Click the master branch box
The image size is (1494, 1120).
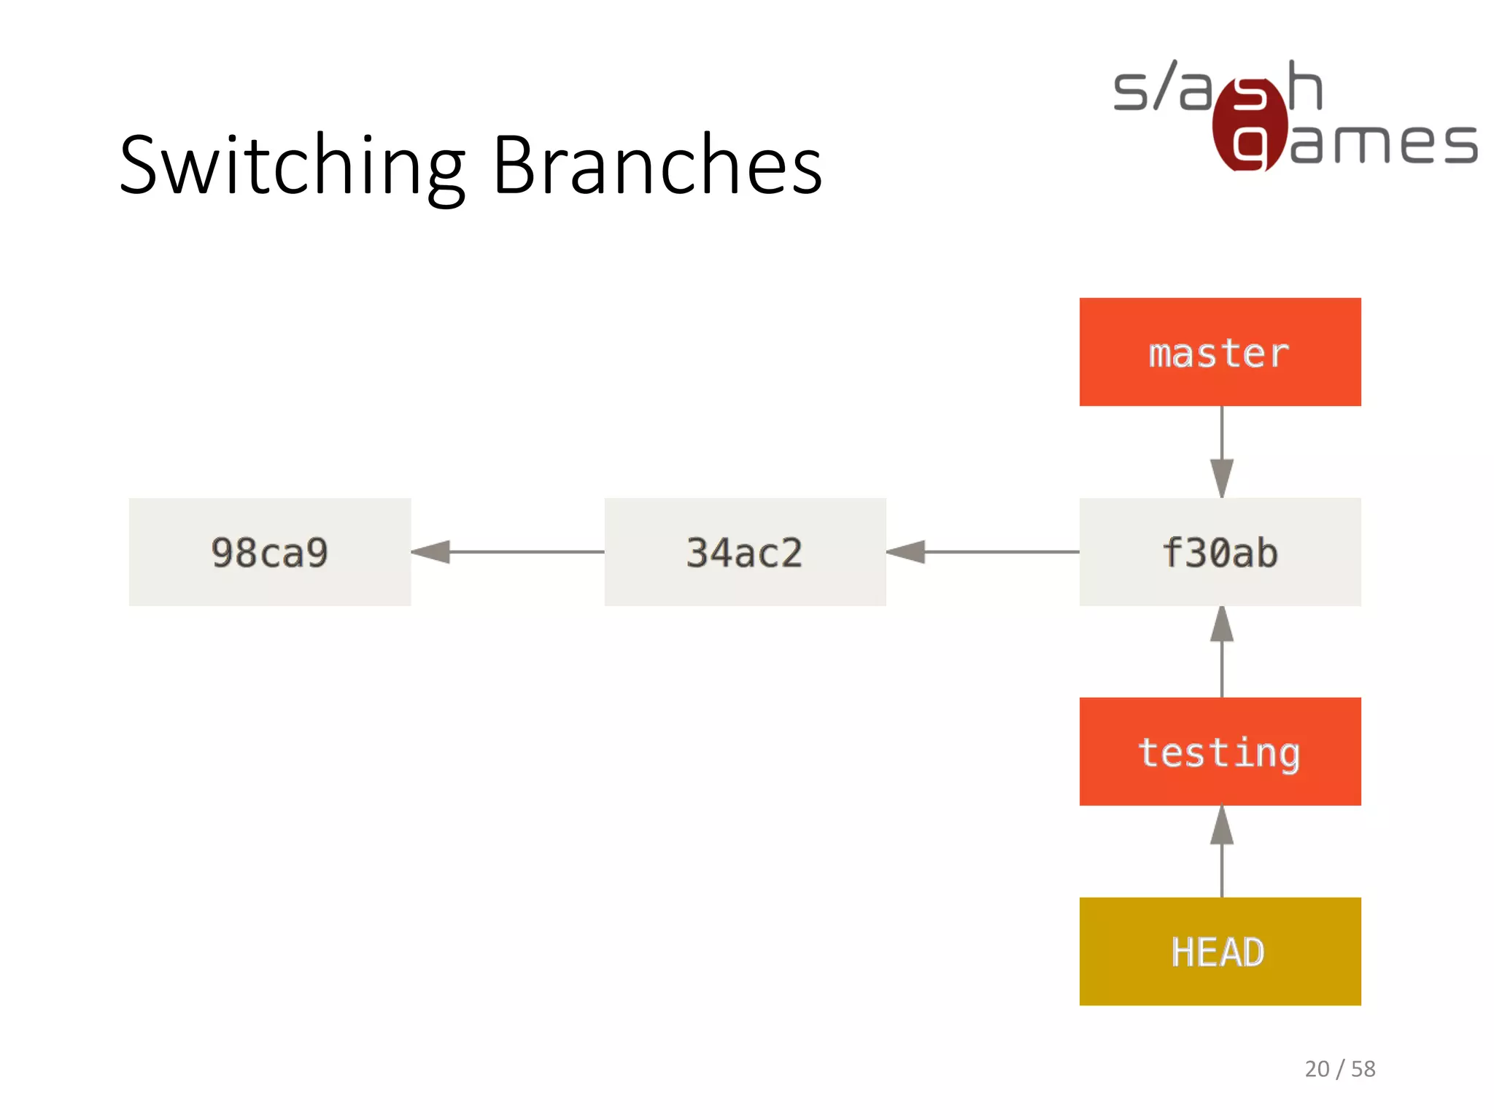coord(1220,352)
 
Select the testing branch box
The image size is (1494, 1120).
coord(1220,752)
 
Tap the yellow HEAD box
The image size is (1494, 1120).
coord(1220,952)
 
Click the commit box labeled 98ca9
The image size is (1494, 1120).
coord(270,552)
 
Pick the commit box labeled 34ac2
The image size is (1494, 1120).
coord(745,552)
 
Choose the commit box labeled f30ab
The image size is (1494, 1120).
coord(1220,552)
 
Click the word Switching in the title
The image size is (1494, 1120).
coord(292,166)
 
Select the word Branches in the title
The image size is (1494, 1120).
coord(658,166)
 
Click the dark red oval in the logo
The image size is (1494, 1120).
coord(1249,124)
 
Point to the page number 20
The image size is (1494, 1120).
coord(1317,1069)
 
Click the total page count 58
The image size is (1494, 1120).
coord(1363,1069)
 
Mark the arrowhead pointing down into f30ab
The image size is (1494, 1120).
coord(1222,478)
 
